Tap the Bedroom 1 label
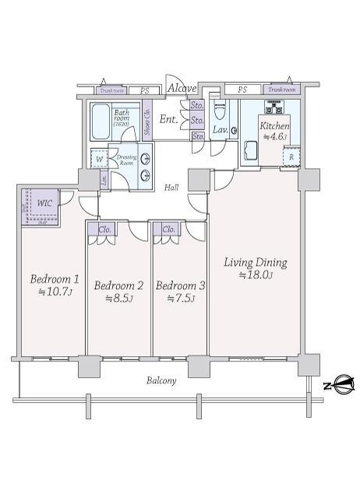point(55,285)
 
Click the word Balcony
point(161,381)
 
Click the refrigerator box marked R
point(291,156)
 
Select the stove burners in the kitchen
point(280,108)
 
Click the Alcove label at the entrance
point(183,89)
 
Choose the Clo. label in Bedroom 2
point(104,229)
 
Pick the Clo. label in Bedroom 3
point(168,229)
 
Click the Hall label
point(172,188)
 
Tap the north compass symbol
point(339,386)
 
